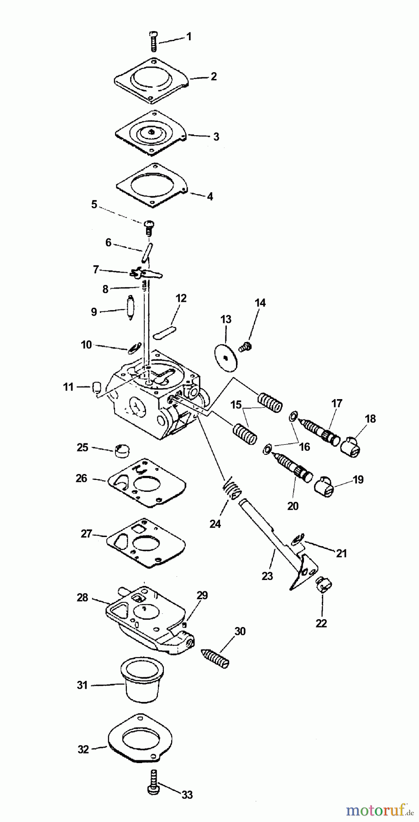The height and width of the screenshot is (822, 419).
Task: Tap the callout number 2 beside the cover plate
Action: tap(214, 76)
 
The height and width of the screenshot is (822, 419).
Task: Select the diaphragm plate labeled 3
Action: tap(151, 133)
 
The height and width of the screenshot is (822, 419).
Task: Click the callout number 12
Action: tap(181, 299)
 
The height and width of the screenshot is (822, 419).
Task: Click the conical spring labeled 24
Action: tap(232, 490)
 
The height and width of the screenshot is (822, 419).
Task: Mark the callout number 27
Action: tap(86, 533)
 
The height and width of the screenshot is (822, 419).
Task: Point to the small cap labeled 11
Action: tap(96, 388)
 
